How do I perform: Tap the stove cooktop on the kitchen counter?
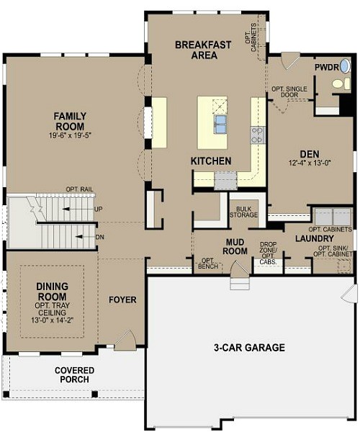click(x=257, y=134)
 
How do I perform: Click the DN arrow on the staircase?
click(x=86, y=235)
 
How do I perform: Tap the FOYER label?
click(x=122, y=299)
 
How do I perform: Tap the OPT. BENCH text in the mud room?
click(x=208, y=264)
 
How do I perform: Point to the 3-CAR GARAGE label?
click(x=248, y=348)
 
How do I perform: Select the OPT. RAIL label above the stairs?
click(x=80, y=189)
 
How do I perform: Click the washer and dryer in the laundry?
click(x=332, y=216)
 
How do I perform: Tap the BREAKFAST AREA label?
click(x=203, y=50)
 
